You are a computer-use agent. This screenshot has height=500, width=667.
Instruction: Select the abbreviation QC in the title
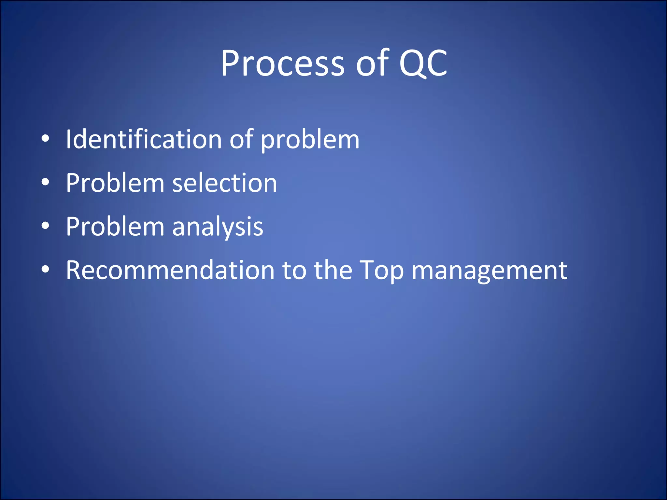[x=423, y=63]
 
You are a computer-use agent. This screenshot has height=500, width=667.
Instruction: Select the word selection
[x=224, y=183]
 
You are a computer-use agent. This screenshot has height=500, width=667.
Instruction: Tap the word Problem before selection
[x=115, y=183]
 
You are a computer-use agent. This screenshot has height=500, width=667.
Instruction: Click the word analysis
[x=218, y=227]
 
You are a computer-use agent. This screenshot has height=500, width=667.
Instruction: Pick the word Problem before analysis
[x=115, y=227]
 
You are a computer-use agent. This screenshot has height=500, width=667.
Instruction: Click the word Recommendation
[x=170, y=270]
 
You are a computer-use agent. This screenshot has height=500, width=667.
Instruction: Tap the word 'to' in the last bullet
[x=294, y=271]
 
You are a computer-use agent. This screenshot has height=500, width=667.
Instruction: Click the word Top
[x=382, y=271]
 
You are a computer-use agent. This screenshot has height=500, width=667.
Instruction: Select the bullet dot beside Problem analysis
[x=45, y=226]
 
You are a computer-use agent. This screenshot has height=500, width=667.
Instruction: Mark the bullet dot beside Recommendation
[x=45, y=270]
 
